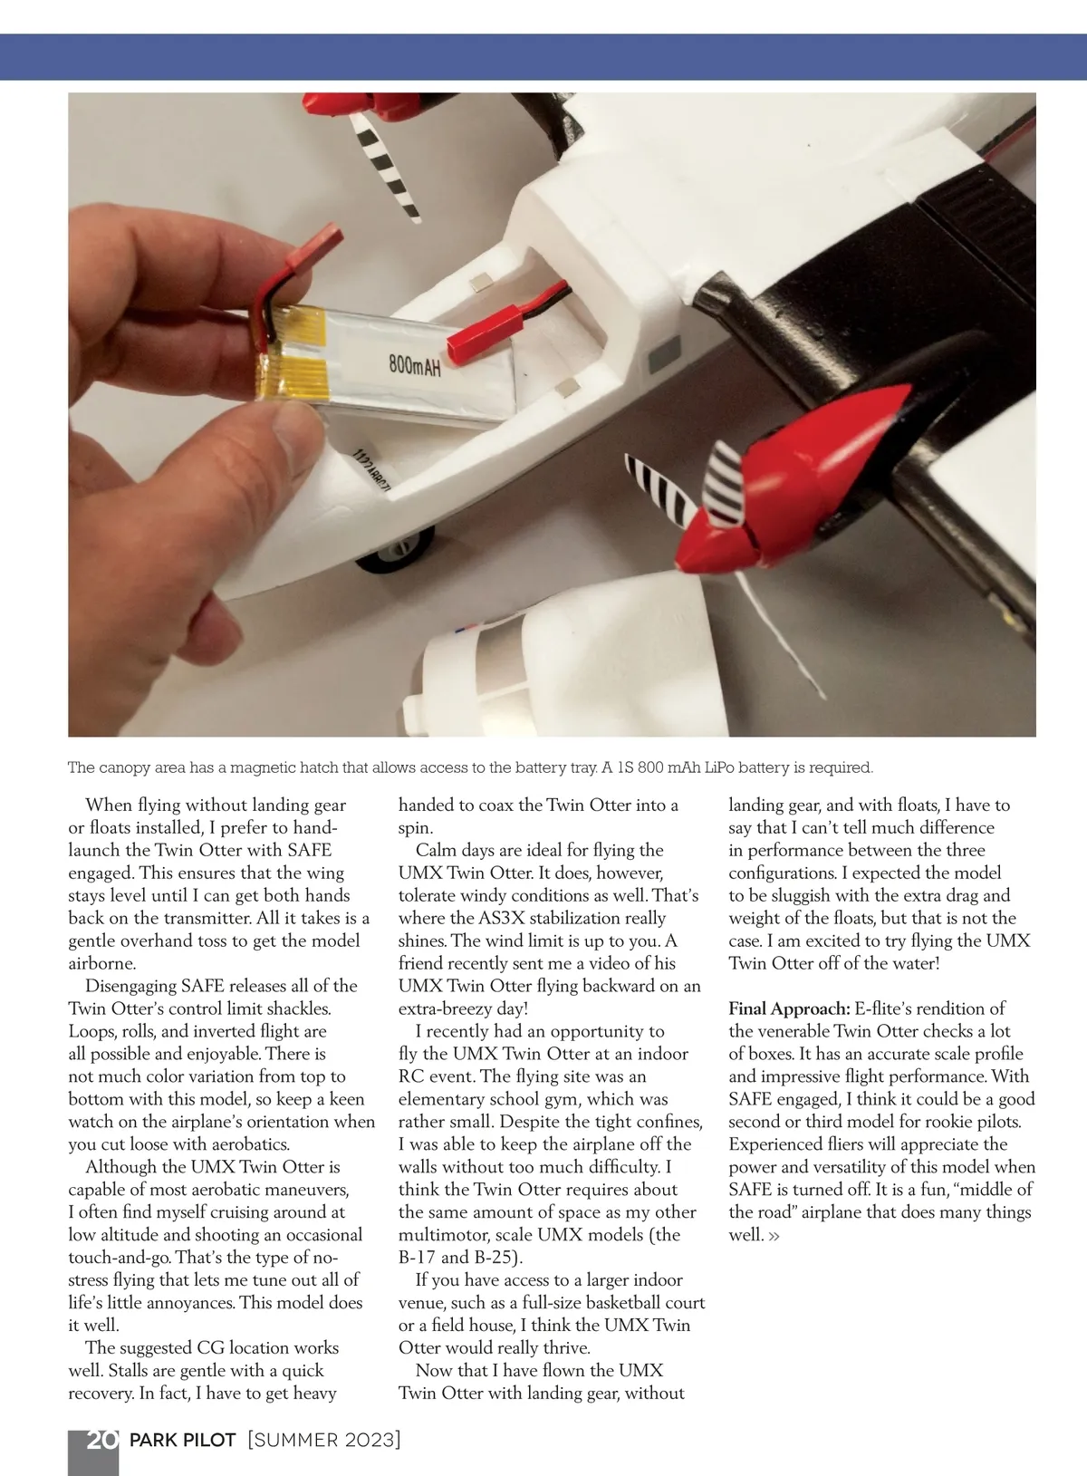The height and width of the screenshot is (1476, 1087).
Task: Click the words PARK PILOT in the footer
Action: coord(183,1440)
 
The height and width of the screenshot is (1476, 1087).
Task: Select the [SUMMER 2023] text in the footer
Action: coord(323,1440)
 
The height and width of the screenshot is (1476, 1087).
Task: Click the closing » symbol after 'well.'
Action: coord(774,1235)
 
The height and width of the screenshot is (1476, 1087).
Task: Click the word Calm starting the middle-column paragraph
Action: coord(436,850)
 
